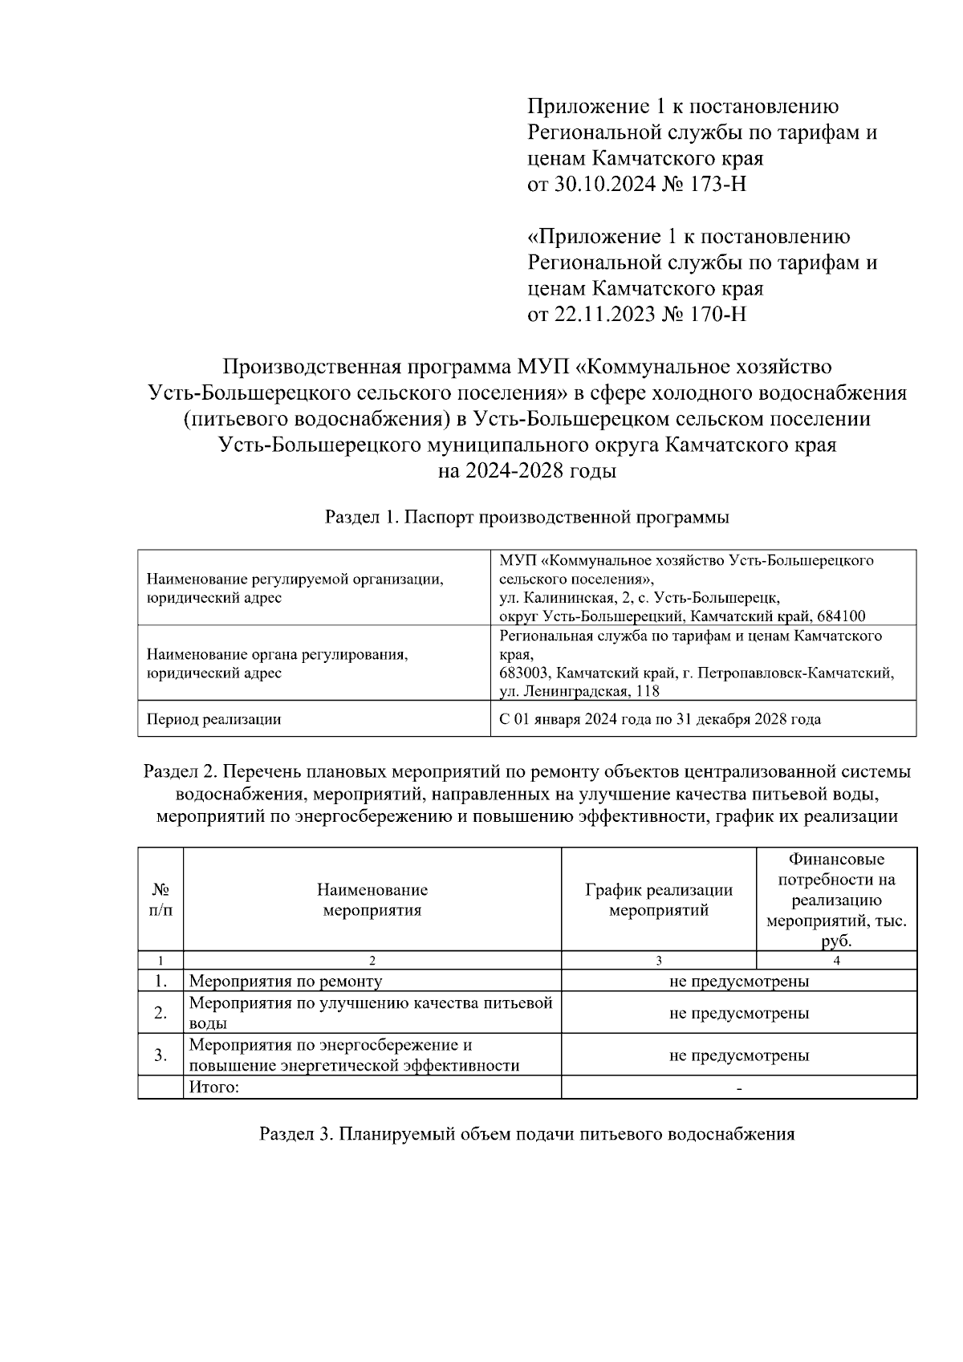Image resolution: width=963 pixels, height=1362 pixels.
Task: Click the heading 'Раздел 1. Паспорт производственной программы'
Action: (527, 518)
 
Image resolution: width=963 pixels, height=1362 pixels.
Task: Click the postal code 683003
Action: (523, 673)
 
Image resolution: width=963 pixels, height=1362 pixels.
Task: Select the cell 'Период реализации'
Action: (213, 719)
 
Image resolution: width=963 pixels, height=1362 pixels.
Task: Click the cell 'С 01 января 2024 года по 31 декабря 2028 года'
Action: (660, 719)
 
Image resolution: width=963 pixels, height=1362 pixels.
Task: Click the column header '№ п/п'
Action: (160, 900)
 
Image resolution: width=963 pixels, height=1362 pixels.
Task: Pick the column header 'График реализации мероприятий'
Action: (659, 900)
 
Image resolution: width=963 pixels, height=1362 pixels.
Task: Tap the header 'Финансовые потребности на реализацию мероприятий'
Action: (836, 900)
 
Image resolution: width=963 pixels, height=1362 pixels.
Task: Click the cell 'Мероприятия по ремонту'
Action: (286, 981)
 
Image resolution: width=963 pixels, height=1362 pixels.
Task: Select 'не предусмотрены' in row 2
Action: (739, 1013)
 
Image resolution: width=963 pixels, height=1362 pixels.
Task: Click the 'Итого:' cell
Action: (213, 1088)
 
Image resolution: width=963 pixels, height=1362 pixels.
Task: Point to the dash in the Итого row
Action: (739, 1088)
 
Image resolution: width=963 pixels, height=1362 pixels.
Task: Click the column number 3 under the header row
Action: (659, 960)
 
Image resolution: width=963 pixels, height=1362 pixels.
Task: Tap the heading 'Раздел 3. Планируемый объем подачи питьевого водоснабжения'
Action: (527, 1134)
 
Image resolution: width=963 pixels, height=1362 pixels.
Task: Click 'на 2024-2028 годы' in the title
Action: (527, 471)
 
